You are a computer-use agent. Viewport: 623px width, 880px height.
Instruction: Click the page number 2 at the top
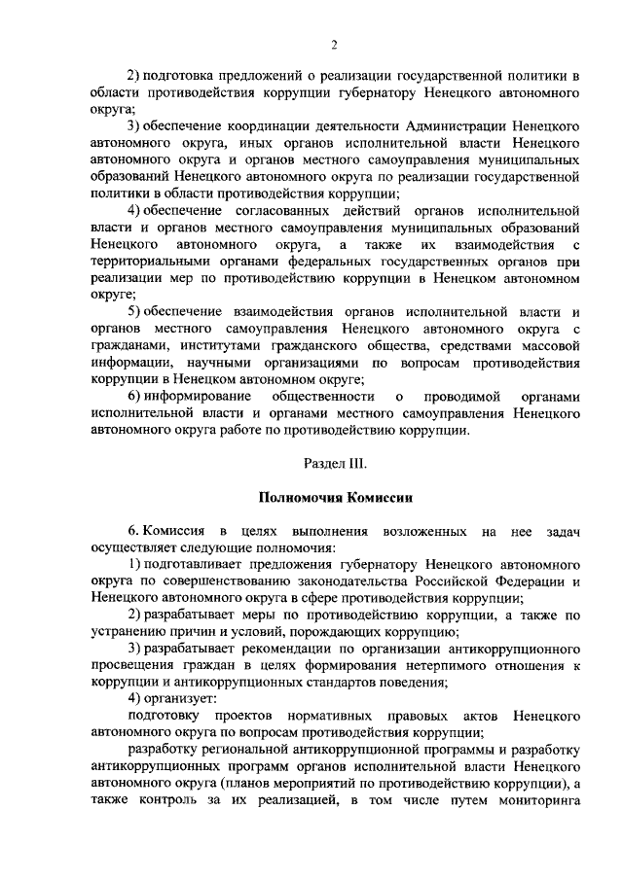pos(333,44)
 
